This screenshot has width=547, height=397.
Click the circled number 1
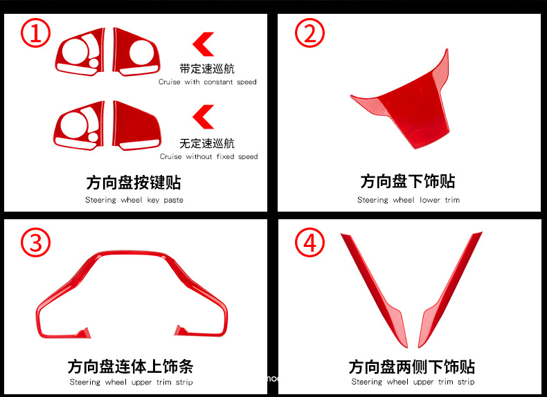35,33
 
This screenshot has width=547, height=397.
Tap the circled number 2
310,33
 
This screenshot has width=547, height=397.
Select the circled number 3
35,243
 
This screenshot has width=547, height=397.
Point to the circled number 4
310,243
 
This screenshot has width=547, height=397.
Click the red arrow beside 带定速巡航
202,44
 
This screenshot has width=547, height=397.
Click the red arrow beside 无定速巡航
202,117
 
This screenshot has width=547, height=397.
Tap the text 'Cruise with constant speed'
208,82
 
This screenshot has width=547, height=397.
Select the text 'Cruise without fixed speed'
208,156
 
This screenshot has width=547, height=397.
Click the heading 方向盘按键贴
134,183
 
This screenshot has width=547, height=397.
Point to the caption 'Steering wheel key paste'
134,200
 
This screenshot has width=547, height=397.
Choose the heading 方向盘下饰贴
408,182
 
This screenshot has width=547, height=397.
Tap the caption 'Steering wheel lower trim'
408,200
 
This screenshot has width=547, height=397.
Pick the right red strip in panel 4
450,290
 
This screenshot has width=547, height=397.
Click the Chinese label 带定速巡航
207,68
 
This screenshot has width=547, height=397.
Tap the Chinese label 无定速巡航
207,143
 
